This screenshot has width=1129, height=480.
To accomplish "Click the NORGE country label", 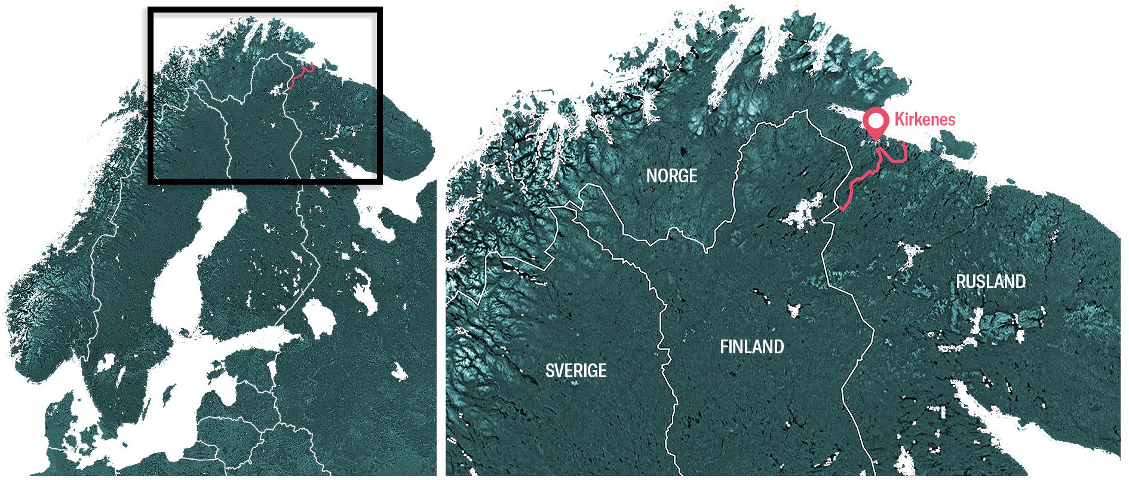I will [x=671, y=176].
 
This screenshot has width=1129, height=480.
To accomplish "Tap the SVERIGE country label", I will [x=576, y=371].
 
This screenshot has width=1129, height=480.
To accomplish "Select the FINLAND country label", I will [x=751, y=347].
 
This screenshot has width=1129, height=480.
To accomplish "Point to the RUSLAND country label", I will [x=990, y=282].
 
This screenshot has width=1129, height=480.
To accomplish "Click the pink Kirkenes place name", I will [x=925, y=120].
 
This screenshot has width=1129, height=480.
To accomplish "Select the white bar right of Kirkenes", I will [x=964, y=123].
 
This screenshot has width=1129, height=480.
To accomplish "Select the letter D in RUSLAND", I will [x=1020, y=282].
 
